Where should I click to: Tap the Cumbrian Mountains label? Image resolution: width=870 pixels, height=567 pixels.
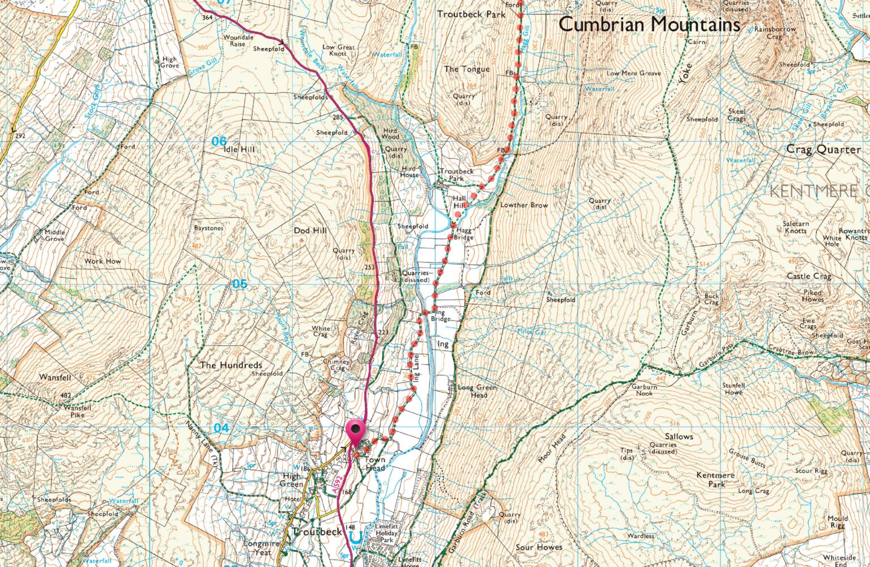coord(649,24)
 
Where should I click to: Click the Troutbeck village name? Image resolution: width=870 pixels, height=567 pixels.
coord(317,532)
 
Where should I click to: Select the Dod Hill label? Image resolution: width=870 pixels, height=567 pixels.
coord(310,231)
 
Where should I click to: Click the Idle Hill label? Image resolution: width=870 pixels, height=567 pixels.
coord(240,149)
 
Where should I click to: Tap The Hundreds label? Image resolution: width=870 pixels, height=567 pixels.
coord(231,365)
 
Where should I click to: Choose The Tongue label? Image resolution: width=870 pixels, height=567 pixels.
coord(467,69)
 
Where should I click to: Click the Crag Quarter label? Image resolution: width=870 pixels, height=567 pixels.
coord(823,150)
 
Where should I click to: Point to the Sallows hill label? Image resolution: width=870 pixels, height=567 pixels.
coord(679,437)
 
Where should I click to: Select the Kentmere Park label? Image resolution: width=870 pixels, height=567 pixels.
coord(716,480)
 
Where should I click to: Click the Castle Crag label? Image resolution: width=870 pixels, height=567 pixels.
coord(809,276)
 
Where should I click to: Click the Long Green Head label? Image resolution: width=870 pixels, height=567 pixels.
coord(477,391)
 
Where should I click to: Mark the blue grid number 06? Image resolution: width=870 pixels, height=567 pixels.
coord(219,141)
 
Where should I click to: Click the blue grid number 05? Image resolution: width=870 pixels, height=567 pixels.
coord(240,283)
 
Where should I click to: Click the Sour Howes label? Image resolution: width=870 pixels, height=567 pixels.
coord(539,547)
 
